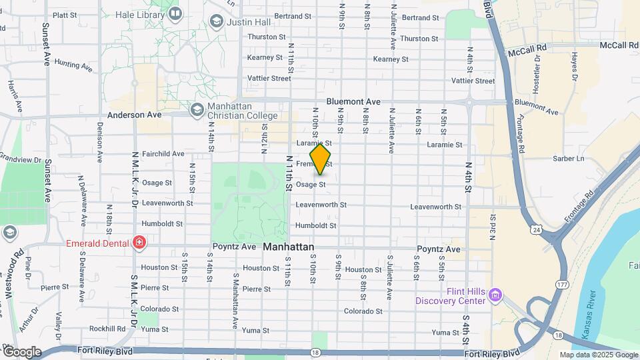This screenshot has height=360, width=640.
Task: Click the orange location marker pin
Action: pyautogui.click(x=320, y=160)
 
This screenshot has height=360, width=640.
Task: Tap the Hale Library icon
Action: pyautogui.click(x=175, y=13)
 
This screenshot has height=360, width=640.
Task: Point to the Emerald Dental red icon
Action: pyautogui.click(x=139, y=243)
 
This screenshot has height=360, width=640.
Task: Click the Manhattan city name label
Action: pyautogui.click(x=288, y=247)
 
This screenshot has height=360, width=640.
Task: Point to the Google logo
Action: pyautogui.click(x=21, y=352)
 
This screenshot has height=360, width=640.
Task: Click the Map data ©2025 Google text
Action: pyautogui.click(x=598, y=355)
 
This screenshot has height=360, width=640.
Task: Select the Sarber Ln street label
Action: pyautogui.click(x=568, y=159)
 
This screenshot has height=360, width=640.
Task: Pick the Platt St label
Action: pyautogui.click(x=65, y=15)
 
